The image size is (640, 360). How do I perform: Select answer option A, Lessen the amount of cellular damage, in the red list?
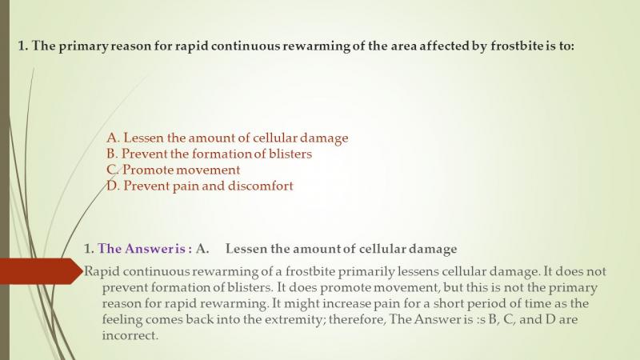pyautogui.click(x=227, y=138)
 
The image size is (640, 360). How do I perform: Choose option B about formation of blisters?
pyautogui.click(x=209, y=154)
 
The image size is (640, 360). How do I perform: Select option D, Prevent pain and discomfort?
pyautogui.click(x=199, y=186)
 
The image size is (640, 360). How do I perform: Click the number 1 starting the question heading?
pyautogui.click(x=22, y=46)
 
